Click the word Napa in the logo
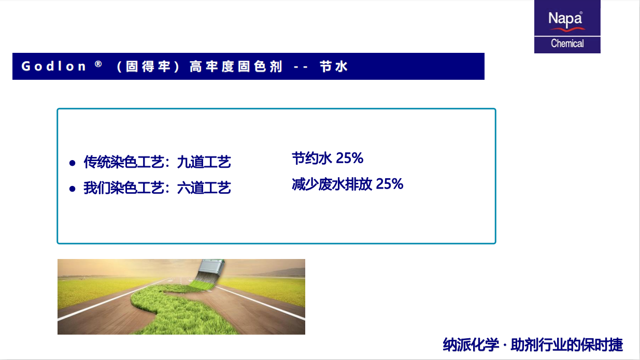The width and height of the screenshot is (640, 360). point(565,19)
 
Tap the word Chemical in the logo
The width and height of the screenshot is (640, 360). point(567,44)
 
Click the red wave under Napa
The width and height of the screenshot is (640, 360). point(568,30)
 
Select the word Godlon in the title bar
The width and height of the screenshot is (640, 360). point(53,66)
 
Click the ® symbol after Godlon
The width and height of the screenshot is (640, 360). point(98,64)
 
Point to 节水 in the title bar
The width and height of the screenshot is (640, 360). point(333,66)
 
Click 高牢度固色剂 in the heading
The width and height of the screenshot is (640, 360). point(236,66)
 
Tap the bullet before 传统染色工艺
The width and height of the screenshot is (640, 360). point(72,163)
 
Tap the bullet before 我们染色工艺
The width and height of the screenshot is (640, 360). point(72,189)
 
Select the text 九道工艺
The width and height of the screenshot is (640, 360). point(204,162)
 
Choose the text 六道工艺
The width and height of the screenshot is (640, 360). point(204,188)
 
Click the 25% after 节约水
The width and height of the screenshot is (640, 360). point(349,158)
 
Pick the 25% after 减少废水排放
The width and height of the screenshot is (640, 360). point(389,183)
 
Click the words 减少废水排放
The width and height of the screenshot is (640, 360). point(332,184)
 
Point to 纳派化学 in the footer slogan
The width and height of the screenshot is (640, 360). point(471,344)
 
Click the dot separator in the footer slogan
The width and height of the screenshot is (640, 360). point(505,345)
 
